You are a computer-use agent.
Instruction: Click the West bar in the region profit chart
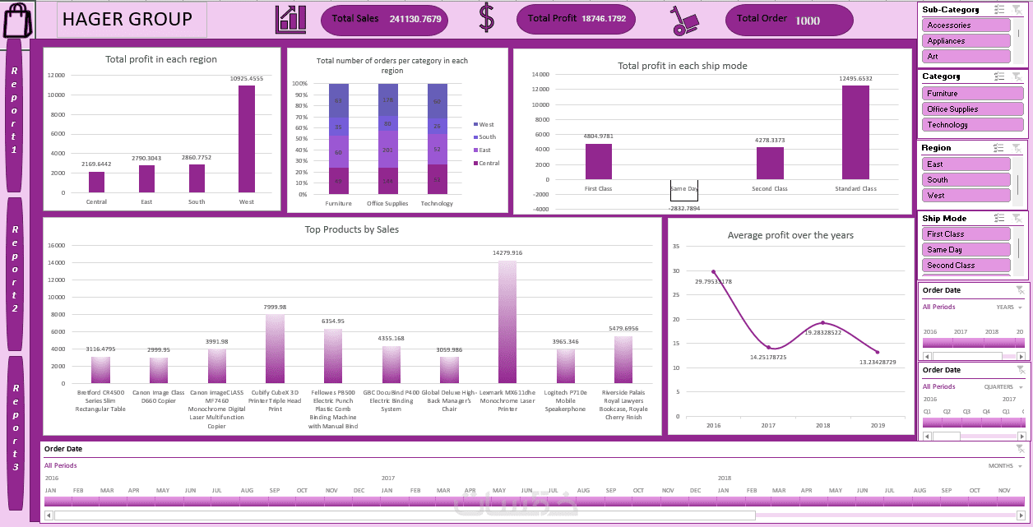coord(246,139)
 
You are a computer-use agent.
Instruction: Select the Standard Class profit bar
coord(855,132)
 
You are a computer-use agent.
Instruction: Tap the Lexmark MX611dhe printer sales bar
coord(507,321)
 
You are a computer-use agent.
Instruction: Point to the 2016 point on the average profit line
coord(713,271)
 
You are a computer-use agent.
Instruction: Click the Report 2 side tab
coord(15,274)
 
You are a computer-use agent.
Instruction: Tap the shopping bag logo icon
coord(17,20)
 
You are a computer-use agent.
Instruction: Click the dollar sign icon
coord(487,19)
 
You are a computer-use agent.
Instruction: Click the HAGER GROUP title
coord(127,19)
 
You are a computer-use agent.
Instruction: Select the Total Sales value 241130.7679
coord(415,19)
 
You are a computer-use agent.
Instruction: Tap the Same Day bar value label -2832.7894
coord(683,209)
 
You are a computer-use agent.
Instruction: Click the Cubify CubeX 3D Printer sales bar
coord(276,349)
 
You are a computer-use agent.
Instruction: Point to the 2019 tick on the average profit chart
coord(878,426)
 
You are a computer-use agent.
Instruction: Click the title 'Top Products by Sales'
coord(352,229)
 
